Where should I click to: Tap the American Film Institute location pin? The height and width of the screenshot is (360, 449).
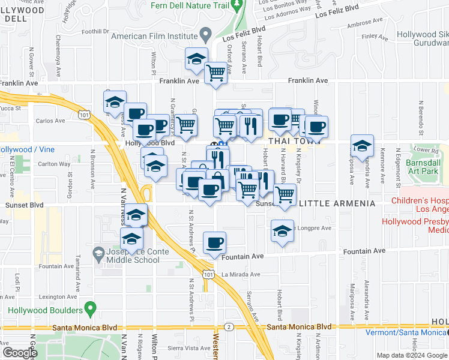(206, 35)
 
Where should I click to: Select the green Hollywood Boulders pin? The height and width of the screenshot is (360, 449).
(91, 309)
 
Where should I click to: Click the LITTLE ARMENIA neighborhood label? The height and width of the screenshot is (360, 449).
(337, 204)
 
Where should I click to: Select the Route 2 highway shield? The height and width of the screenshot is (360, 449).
(229, 327)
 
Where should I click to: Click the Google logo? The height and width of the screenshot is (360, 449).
(20, 353)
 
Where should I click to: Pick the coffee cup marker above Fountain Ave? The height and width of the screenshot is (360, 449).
(214, 243)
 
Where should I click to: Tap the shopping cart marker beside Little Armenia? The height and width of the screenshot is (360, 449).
(285, 194)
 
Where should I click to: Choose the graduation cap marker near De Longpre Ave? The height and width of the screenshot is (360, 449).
(282, 231)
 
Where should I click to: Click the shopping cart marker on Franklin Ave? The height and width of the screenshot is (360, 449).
(215, 73)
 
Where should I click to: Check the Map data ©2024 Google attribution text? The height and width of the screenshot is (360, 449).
(412, 355)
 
